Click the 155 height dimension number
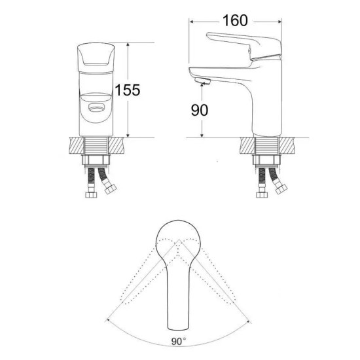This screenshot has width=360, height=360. tap(128, 90)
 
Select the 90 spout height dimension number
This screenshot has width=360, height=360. tap(200, 110)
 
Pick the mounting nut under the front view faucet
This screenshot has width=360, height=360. tap(96, 160)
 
